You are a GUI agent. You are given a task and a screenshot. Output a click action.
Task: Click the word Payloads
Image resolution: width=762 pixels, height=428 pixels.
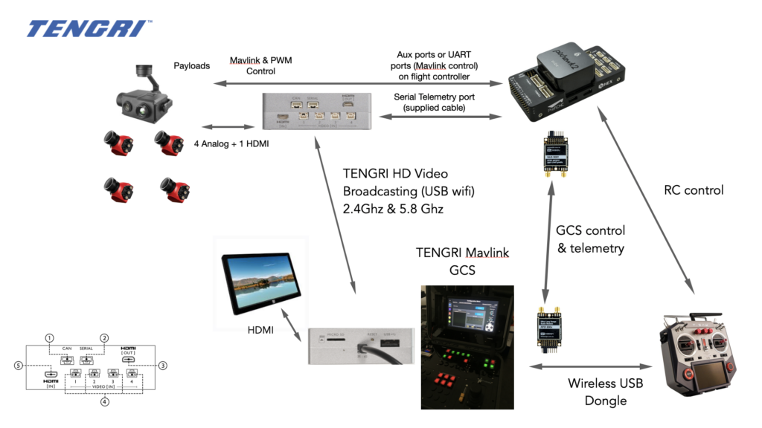(x=192, y=65)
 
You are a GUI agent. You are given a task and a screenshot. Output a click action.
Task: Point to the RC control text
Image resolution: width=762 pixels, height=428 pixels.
(x=693, y=190)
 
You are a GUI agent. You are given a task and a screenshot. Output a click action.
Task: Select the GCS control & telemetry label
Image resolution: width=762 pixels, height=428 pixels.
(x=591, y=239)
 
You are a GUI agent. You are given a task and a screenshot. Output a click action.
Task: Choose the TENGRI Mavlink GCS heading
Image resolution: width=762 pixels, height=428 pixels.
(x=462, y=262)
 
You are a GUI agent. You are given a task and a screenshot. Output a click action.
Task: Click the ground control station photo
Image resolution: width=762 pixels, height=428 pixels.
(x=467, y=346)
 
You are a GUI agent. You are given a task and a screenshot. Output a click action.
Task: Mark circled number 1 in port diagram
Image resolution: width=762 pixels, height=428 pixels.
(x=49, y=337)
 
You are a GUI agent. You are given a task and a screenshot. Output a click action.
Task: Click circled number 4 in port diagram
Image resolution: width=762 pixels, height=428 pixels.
(x=104, y=402)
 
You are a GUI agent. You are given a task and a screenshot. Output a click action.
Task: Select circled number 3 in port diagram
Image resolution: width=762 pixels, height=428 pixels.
(x=163, y=365)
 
